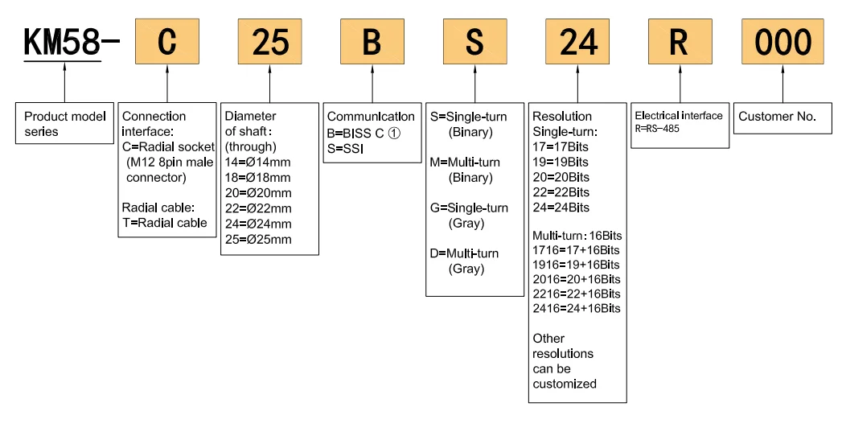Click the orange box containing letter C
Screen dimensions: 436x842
pos(166,43)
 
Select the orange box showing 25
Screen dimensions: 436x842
pos(269,43)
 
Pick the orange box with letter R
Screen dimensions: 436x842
pos(680,43)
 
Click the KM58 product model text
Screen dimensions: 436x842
pos(63,43)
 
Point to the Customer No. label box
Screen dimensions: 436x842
pos(777,117)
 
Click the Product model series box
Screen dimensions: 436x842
pos(64,123)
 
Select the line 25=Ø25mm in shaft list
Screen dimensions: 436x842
pos(258,239)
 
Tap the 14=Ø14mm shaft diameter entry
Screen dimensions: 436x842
pos(258,162)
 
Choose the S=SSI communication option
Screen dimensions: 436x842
pos(347,148)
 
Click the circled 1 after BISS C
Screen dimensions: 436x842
pos(394,132)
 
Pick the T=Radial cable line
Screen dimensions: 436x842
pos(165,223)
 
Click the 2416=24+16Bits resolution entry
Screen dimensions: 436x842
pos(576,308)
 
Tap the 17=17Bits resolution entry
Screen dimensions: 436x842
pos(561,146)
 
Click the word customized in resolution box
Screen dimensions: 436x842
pos(565,384)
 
